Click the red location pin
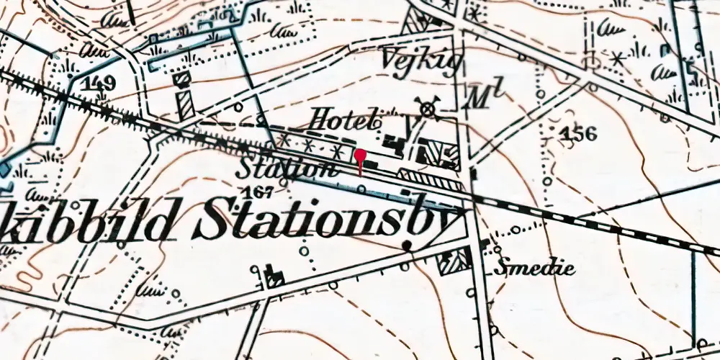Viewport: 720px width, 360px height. (x=359, y=156)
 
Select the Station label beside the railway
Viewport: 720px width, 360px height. (x=287, y=169)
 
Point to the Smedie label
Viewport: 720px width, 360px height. (x=534, y=269)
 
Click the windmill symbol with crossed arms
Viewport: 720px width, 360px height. (x=429, y=107)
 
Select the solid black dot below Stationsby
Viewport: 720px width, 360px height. (x=408, y=246)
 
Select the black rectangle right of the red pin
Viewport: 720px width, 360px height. (x=373, y=164)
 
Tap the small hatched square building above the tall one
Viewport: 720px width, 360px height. (x=182, y=76)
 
